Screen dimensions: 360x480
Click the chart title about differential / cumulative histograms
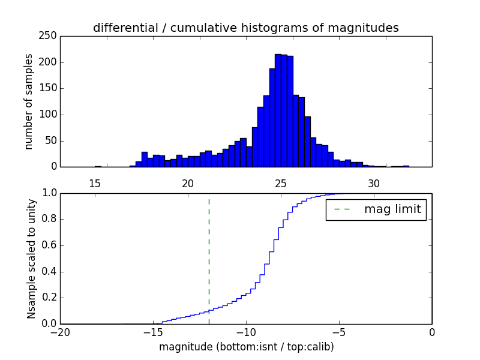click(245, 28)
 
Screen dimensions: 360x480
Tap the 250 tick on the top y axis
click(49, 36)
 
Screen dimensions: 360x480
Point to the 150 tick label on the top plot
click(49, 88)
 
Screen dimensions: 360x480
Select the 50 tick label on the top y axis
click(52, 140)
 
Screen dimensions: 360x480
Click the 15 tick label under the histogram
click(94, 183)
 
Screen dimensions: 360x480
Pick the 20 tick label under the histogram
click(188, 183)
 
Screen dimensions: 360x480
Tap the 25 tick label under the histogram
click(281, 183)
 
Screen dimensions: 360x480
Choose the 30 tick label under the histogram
click(374, 183)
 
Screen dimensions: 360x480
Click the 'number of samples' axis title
click(29, 101)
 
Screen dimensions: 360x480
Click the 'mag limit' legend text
click(392, 209)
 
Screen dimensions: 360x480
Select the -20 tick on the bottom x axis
click(60, 332)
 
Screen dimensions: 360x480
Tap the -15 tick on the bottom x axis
click(153, 332)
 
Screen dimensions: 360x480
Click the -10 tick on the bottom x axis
click(245, 332)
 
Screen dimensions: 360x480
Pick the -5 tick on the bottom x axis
click(338, 332)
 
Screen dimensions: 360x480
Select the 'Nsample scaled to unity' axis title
click(31, 258)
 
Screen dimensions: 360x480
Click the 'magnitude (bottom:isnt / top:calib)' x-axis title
click(246, 347)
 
